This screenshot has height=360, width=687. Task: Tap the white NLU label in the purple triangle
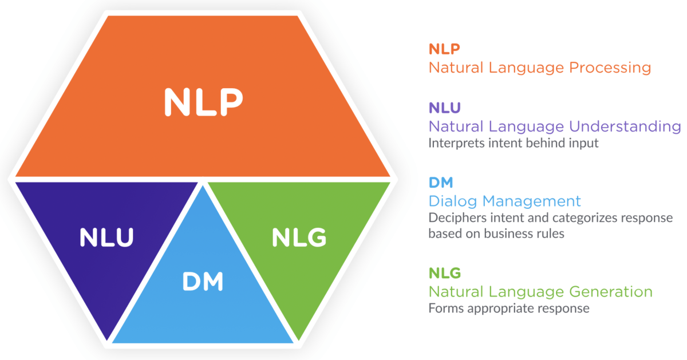point(107,238)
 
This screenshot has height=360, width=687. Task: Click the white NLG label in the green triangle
point(299,238)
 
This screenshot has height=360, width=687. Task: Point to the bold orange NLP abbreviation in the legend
point(445,50)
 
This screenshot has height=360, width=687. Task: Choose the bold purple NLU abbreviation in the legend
point(445,108)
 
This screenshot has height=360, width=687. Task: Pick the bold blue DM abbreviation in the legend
point(441,183)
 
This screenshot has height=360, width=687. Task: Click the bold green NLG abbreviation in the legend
point(445,272)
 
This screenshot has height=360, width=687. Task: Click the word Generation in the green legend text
point(610,291)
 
